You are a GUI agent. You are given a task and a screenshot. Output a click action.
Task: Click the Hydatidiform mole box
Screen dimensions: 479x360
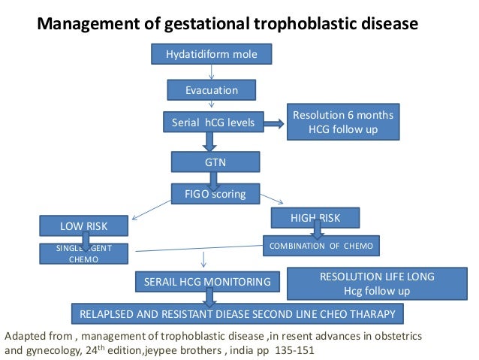[212, 54]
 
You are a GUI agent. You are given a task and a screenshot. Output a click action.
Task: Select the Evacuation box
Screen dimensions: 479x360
[212, 90]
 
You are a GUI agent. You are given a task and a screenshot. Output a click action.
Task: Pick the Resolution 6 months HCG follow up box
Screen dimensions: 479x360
[342, 123]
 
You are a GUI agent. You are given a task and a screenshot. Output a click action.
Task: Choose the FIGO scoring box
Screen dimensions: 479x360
[215, 193]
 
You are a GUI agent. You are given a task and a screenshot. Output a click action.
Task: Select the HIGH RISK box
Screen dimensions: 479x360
[315, 218]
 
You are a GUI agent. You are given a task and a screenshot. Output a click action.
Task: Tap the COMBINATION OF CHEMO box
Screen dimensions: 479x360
[321, 245]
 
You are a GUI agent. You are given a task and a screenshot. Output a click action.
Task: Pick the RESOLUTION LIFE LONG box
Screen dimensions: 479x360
[366, 283]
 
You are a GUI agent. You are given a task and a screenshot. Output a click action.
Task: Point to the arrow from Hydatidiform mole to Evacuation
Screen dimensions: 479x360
[212, 72]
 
